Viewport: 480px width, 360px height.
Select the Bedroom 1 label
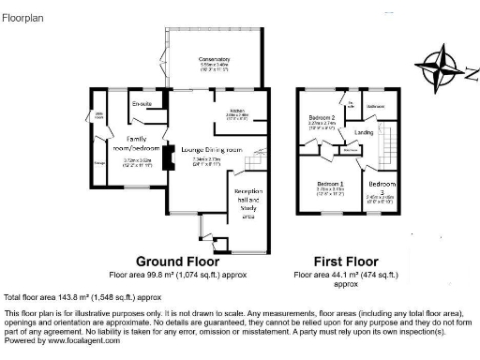pyautogui.click(x=330, y=184)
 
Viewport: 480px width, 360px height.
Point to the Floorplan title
pyautogui.click(x=23, y=16)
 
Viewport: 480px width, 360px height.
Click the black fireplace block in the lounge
pyautogui.click(x=166, y=159)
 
